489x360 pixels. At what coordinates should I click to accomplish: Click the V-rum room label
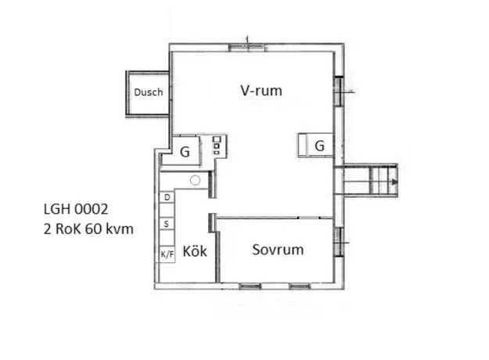click(261, 91)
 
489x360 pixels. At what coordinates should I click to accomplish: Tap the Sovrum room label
click(278, 250)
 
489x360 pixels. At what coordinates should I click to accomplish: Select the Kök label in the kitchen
click(195, 251)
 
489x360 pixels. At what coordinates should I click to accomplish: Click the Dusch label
click(149, 92)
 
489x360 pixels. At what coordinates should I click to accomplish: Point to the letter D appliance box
click(167, 197)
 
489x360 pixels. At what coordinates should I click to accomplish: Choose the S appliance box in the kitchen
click(167, 224)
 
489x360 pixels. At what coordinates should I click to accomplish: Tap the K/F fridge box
click(167, 254)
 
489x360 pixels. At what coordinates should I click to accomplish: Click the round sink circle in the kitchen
click(196, 180)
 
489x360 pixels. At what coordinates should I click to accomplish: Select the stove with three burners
click(217, 145)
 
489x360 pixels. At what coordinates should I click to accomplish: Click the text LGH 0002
click(76, 209)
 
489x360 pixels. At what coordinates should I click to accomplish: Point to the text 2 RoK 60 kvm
click(88, 229)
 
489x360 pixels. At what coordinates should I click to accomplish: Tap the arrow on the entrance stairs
click(395, 182)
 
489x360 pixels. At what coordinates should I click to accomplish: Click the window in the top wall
click(247, 47)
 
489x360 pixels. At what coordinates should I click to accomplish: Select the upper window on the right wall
click(339, 91)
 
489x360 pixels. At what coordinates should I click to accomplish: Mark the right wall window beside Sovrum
click(339, 242)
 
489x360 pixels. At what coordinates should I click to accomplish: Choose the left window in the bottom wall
click(250, 286)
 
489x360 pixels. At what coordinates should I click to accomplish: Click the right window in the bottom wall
click(300, 286)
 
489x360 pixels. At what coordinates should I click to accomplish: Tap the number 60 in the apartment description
click(94, 229)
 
